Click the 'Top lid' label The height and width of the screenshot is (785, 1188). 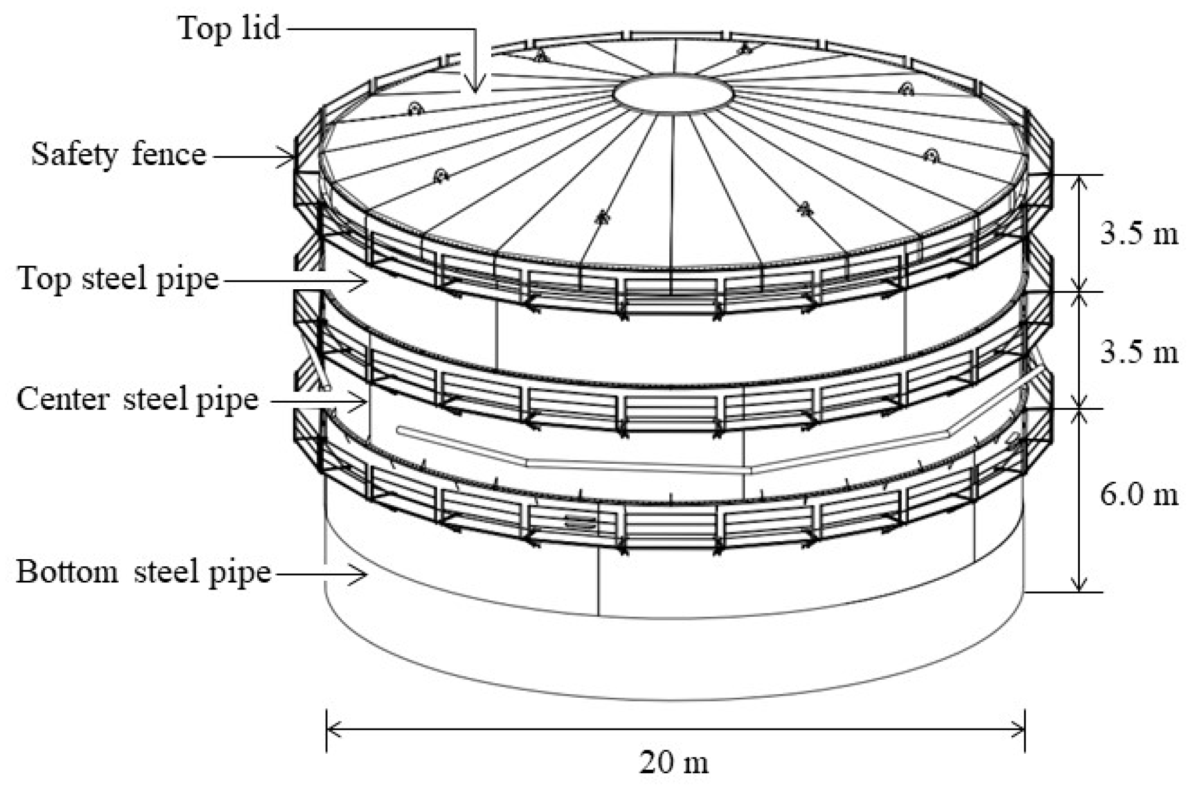click(229, 28)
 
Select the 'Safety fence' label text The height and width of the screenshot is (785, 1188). click(119, 155)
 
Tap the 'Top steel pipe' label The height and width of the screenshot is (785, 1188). click(119, 279)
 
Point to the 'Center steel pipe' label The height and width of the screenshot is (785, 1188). click(137, 399)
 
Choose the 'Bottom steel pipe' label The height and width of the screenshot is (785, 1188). click(143, 571)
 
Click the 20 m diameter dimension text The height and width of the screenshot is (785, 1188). click(674, 762)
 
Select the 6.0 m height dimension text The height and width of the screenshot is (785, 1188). click(1139, 495)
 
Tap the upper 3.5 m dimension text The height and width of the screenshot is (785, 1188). click(1139, 234)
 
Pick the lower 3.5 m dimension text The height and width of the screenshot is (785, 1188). click(1139, 352)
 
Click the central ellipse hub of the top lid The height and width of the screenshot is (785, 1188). click(673, 94)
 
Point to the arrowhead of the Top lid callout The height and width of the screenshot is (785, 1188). click(476, 87)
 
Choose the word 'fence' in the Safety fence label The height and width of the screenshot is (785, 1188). click(169, 155)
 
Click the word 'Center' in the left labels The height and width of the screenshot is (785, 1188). click(63, 399)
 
